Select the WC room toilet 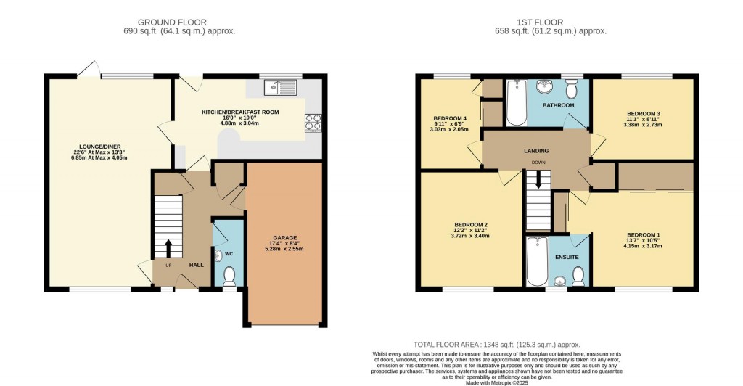(x=230, y=276)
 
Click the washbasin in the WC (x=218, y=255)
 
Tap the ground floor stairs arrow (x=169, y=249)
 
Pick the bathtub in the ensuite (x=536, y=261)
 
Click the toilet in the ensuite (x=578, y=275)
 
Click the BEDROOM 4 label (x=450, y=118)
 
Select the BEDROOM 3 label (x=643, y=113)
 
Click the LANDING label (x=537, y=151)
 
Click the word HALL (x=196, y=265)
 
